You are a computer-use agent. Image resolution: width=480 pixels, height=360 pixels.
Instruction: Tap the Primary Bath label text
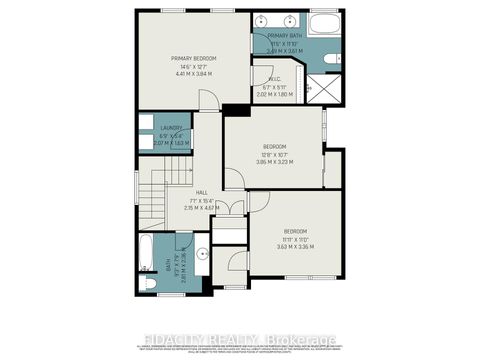click(x=285, y=36)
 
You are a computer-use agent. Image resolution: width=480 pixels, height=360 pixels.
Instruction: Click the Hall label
click(x=201, y=191)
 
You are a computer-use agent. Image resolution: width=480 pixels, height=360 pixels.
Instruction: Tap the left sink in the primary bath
click(x=261, y=21)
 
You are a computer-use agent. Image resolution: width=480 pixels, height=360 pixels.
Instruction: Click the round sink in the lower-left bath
click(x=201, y=253)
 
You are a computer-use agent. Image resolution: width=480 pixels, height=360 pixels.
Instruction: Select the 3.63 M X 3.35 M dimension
click(x=296, y=245)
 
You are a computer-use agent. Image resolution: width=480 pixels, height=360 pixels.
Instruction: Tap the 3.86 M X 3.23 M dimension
click(x=274, y=162)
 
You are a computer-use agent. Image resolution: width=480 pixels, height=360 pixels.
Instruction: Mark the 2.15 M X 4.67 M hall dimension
click(x=201, y=207)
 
